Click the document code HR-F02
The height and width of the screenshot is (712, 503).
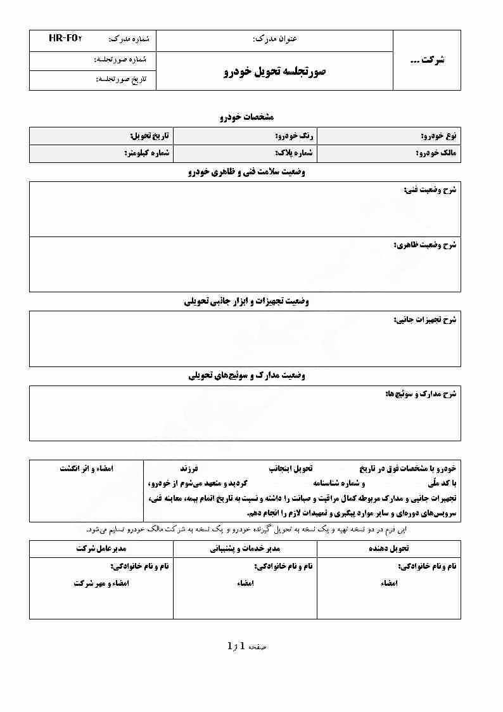[x=65, y=39]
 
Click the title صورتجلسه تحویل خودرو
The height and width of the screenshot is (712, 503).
[x=274, y=72]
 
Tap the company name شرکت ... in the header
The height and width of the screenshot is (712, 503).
[x=427, y=60]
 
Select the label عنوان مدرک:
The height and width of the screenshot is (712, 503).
[x=274, y=39]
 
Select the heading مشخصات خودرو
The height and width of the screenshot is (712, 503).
[x=246, y=117]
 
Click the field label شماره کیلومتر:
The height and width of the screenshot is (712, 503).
[x=145, y=153]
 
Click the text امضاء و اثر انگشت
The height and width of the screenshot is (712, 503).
[x=86, y=469]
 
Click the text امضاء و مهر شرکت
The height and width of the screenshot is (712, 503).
[x=101, y=583]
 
